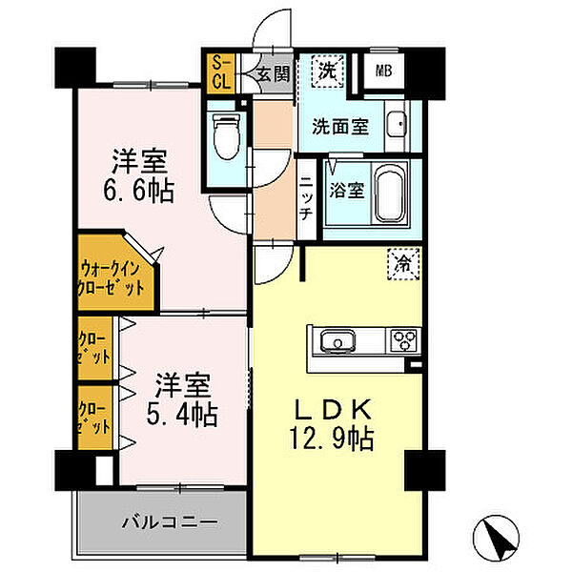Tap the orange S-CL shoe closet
point(221,73)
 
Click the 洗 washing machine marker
point(327,71)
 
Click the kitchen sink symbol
point(337,341)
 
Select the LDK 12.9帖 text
point(333,423)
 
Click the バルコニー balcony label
point(170,521)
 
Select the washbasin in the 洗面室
point(398,123)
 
